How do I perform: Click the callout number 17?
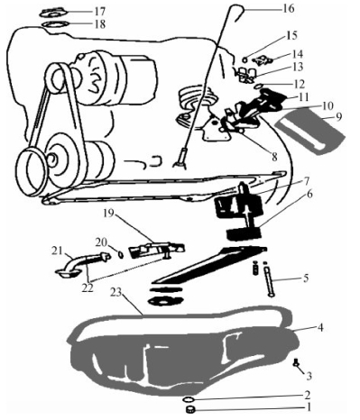coord(99,11)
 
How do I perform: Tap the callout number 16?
coord(288,9)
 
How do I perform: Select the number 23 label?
coord(116,293)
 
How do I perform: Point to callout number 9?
coord(338,116)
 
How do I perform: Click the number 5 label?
coord(306,278)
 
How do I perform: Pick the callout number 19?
coord(109,214)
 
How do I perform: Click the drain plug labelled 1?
coord(189,409)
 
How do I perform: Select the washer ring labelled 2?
coord(189,399)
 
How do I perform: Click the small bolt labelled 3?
coord(296,362)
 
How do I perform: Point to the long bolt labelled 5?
coord(268,278)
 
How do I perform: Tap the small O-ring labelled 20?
coord(121,255)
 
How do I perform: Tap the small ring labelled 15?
coord(245,59)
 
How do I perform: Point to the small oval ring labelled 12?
coord(259,87)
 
